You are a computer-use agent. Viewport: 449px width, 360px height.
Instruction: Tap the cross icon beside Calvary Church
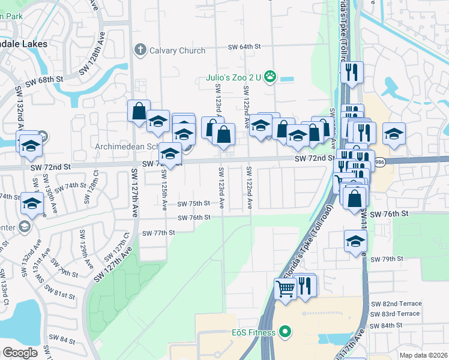click(140, 50)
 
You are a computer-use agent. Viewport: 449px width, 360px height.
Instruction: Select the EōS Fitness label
click(250, 332)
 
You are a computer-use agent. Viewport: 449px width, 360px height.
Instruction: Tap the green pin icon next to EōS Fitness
click(285, 332)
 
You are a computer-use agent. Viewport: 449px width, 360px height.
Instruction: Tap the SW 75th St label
click(193, 204)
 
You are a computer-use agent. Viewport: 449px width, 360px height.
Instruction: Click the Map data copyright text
click(424, 355)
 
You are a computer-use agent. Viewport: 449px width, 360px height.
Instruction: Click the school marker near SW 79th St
click(355, 241)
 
